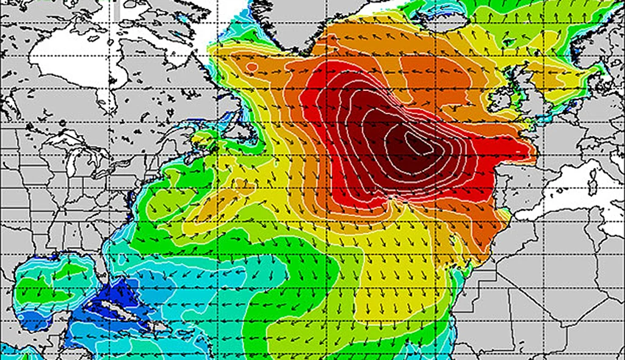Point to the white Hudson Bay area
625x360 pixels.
(x=73, y=61)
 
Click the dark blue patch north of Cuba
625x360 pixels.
(x=104, y=287)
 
